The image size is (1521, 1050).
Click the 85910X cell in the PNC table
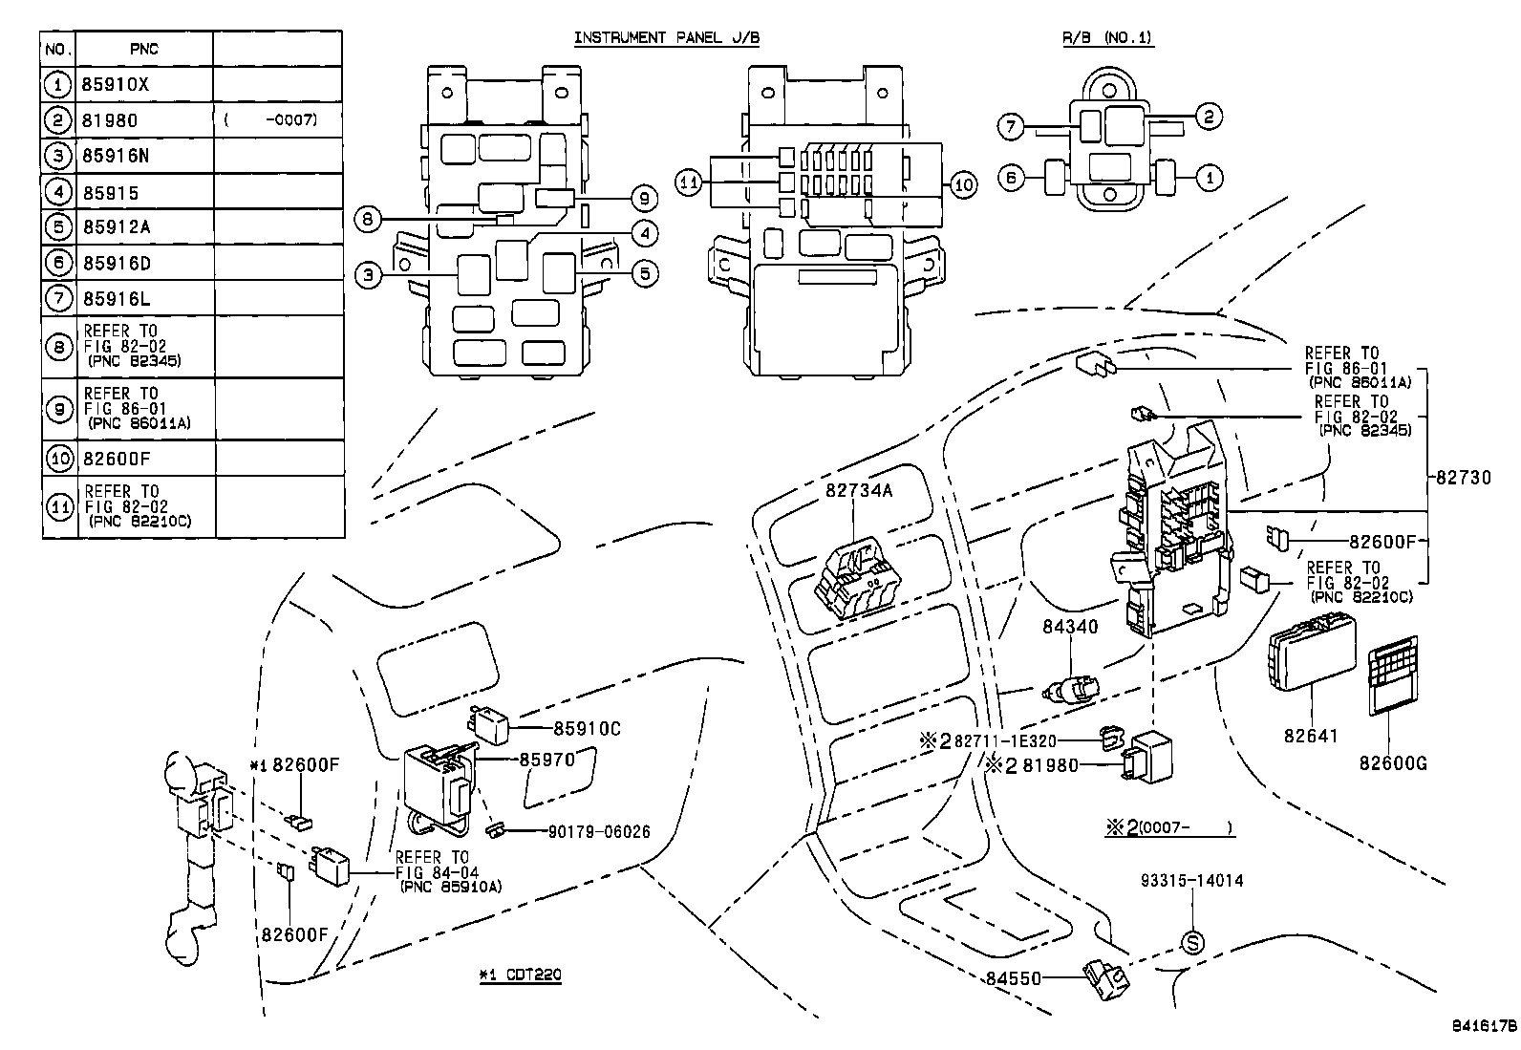click(116, 84)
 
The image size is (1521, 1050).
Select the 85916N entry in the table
click(116, 156)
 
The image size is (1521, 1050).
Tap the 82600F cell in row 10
click(116, 459)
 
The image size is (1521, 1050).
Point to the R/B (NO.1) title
click(1107, 38)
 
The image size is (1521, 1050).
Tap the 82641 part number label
click(1310, 736)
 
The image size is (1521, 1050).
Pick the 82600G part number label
click(1393, 762)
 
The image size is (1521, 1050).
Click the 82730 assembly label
click(1463, 479)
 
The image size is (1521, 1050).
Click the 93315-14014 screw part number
click(1191, 881)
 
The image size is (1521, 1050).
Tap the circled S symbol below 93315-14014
click(1192, 943)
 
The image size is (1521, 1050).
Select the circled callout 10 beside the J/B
click(963, 183)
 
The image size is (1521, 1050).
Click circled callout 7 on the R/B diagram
click(1011, 125)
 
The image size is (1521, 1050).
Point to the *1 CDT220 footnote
click(520, 975)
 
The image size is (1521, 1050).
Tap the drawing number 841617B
click(1485, 1027)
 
